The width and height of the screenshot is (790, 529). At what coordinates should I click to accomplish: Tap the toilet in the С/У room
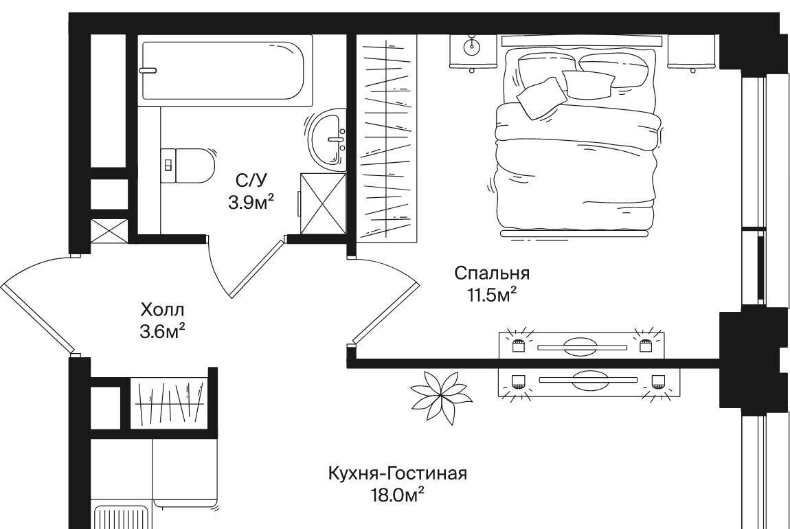click(188, 166)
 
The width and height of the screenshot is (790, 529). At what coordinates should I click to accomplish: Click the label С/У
click(251, 180)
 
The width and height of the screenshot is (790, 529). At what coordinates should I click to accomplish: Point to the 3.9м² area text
click(251, 203)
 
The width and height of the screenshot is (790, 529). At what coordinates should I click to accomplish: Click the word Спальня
click(492, 273)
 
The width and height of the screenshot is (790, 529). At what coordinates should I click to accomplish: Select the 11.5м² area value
click(493, 295)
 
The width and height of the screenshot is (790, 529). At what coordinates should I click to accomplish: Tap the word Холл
click(162, 309)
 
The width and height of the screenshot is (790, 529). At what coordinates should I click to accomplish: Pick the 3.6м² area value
click(162, 332)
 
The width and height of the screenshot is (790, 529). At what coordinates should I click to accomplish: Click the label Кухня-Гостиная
click(398, 474)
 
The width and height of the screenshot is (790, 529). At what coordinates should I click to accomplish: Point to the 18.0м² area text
click(397, 496)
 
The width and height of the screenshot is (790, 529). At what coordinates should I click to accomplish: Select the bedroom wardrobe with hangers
click(387, 139)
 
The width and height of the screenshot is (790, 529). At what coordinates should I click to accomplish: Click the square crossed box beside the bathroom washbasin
click(323, 203)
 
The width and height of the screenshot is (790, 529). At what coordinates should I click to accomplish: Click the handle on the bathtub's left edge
click(148, 71)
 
